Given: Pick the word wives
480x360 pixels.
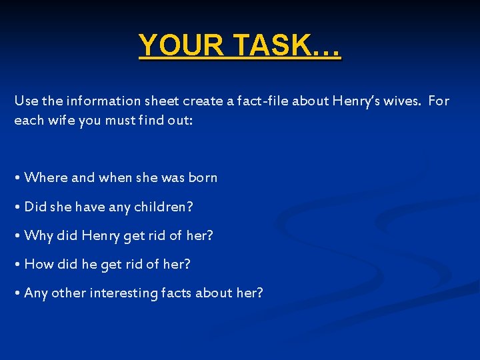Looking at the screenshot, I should (399, 101).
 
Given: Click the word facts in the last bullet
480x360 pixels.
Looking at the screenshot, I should (176, 293).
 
